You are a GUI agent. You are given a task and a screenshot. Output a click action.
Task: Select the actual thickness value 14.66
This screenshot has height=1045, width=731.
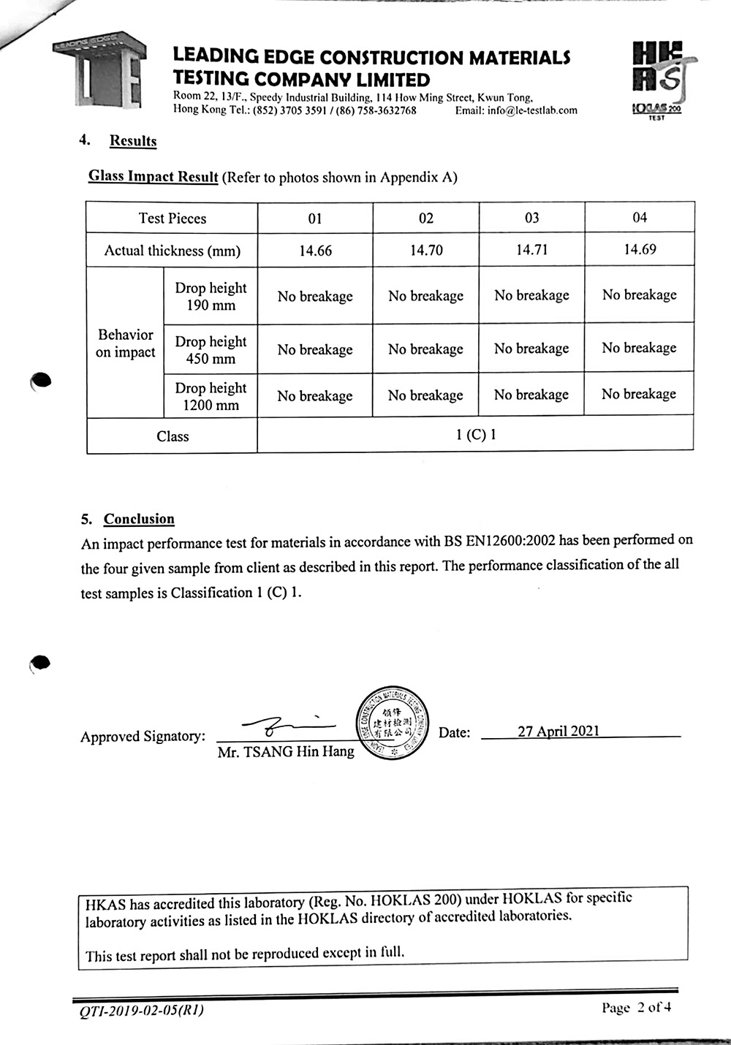(x=315, y=251)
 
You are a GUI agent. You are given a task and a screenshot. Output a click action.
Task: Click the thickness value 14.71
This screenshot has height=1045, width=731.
(x=532, y=250)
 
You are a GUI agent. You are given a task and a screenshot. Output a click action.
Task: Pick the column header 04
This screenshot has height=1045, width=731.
(x=640, y=217)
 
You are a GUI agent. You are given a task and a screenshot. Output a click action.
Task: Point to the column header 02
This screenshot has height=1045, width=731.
(x=426, y=218)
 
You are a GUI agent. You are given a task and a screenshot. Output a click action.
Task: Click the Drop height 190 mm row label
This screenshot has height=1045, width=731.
(x=211, y=296)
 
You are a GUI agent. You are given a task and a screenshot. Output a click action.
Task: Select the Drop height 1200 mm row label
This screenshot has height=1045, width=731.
(x=211, y=396)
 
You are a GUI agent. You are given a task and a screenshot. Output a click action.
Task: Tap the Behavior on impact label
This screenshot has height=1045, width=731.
(x=126, y=343)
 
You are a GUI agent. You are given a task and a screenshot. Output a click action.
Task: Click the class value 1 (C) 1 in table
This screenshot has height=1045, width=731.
(x=476, y=435)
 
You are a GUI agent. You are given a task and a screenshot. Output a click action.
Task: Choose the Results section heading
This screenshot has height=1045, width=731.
(x=133, y=141)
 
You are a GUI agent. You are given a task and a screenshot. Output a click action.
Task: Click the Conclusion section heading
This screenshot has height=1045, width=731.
(x=139, y=519)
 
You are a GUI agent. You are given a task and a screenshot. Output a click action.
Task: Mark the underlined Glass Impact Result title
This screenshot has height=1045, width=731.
(x=154, y=176)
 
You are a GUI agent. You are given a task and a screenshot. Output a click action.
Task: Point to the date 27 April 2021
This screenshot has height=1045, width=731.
(x=558, y=731)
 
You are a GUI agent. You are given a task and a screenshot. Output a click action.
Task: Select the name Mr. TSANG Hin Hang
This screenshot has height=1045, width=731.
(x=286, y=751)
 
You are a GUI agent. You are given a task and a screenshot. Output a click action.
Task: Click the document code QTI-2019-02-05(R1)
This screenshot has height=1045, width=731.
(x=141, y=1011)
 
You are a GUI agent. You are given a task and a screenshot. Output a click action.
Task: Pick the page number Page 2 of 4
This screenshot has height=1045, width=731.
(x=636, y=1008)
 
